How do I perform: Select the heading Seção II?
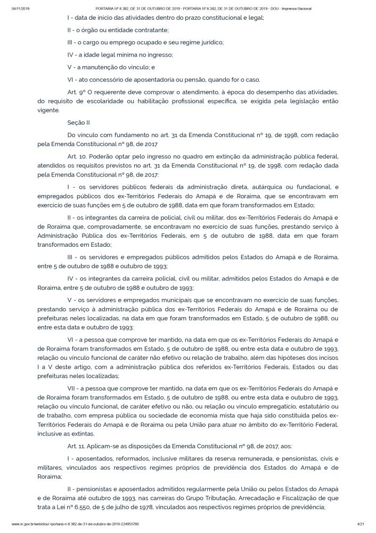pyautogui.click(x=78, y=122)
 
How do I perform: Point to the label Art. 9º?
pyautogui.click(x=76, y=92)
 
